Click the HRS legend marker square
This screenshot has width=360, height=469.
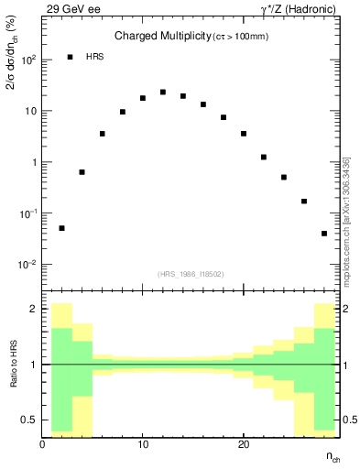click(x=71, y=57)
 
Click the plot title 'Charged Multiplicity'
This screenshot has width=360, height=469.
click(x=161, y=37)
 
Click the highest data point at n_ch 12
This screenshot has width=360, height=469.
click(x=163, y=93)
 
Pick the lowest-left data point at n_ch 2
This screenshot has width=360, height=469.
click(x=61, y=228)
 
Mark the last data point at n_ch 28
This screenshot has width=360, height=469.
click(x=324, y=234)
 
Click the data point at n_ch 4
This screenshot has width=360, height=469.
click(x=82, y=172)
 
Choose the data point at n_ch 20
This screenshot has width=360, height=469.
click(x=244, y=134)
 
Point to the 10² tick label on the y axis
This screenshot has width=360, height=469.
click(x=27, y=60)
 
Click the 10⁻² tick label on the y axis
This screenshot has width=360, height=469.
click(x=27, y=265)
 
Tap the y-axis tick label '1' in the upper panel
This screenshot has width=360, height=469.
click(x=35, y=162)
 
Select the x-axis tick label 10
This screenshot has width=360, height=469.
click(x=143, y=444)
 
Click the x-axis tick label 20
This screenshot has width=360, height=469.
click(x=244, y=444)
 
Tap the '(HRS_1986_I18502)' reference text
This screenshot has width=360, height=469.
click(x=191, y=274)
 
